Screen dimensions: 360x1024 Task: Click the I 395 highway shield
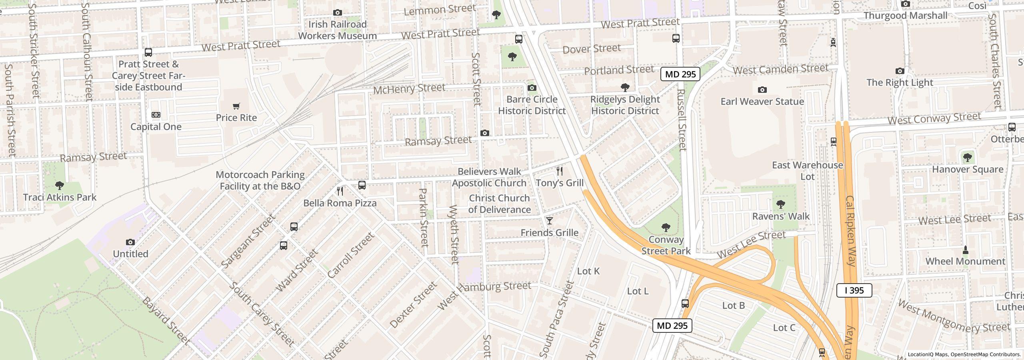click(854, 290)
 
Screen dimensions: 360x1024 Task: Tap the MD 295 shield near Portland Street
click(680, 74)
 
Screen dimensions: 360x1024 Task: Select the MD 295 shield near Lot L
click(672, 326)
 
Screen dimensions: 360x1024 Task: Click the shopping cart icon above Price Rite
click(236, 106)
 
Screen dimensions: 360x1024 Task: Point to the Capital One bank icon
click(156, 115)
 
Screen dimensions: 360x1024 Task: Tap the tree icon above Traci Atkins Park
click(60, 186)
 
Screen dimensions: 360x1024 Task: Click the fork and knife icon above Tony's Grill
click(560, 172)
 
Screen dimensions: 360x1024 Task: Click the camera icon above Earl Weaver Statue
click(762, 90)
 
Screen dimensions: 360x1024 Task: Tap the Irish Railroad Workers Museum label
click(337, 30)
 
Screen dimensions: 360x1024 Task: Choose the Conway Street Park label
click(666, 245)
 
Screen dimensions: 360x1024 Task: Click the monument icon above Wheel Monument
click(965, 250)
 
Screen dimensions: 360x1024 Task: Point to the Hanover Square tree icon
click(968, 158)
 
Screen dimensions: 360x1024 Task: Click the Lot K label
click(588, 271)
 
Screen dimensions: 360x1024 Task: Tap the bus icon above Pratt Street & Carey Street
click(148, 52)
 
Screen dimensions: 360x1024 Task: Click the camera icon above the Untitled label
click(130, 242)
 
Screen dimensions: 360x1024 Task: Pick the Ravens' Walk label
click(781, 216)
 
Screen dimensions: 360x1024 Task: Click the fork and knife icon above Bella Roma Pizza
click(340, 191)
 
